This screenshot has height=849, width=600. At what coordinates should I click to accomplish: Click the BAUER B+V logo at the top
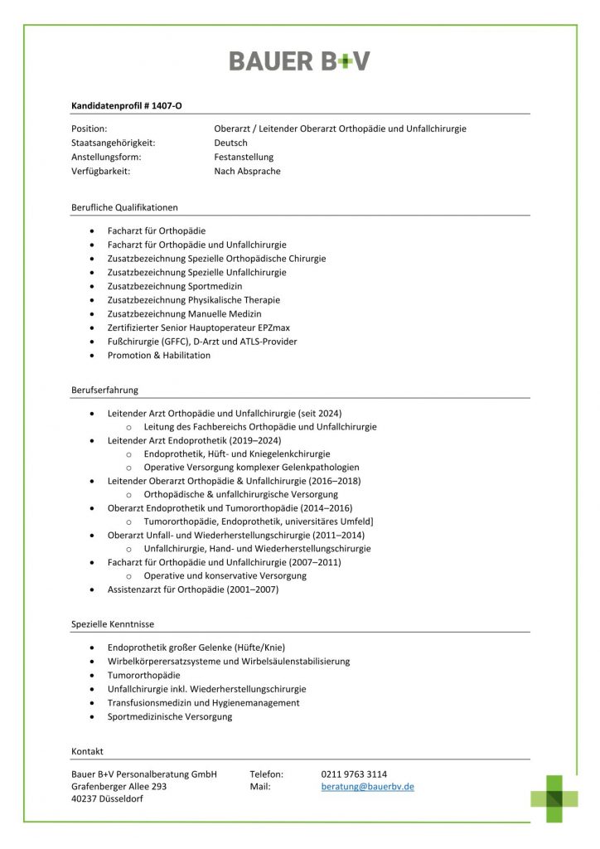coord(299,61)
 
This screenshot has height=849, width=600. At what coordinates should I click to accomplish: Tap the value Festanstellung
coord(243,157)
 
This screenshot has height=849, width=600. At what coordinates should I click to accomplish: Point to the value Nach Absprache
coord(247,171)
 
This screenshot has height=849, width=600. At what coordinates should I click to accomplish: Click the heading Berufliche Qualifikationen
coord(124,207)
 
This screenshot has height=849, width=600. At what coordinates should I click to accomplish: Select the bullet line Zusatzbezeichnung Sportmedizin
coord(175,286)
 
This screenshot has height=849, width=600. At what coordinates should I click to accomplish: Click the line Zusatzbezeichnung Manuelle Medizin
coord(184,313)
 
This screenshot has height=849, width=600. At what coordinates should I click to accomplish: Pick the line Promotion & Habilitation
coord(159,355)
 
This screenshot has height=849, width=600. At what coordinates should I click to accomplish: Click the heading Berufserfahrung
coord(104,390)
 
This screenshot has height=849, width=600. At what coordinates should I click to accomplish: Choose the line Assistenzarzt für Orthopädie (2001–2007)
coord(193,589)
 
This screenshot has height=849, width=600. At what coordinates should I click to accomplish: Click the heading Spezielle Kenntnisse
coord(113,623)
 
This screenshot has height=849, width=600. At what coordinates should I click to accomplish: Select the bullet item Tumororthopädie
coord(143,675)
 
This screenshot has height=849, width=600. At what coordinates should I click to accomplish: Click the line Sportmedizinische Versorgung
coord(170,716)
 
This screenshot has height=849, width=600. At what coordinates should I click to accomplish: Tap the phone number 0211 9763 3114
coord(354,774)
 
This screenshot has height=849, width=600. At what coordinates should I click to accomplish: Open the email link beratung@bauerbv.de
coord(367,786)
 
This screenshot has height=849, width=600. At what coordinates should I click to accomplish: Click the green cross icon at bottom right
coord(554,798)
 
